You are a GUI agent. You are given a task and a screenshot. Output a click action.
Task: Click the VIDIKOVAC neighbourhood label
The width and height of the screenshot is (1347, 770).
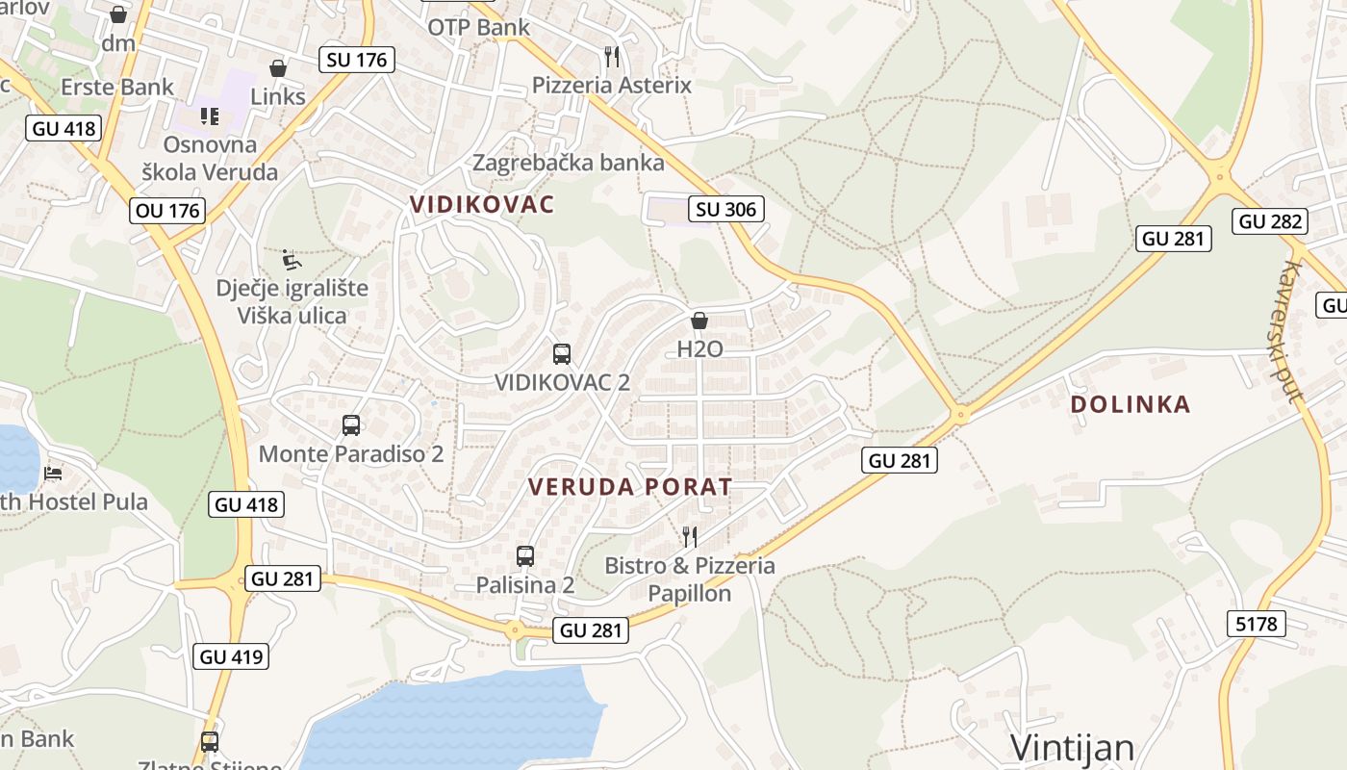point(482,204)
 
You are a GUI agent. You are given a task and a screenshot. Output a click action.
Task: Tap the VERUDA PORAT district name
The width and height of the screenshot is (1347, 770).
point(630,487)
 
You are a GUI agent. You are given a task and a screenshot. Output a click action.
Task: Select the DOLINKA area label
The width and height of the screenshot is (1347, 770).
point(1130,404)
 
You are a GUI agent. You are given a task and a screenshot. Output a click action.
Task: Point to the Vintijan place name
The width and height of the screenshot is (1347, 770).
point(1073,747)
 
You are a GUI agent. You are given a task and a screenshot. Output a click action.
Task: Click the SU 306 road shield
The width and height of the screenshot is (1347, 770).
point(726,209)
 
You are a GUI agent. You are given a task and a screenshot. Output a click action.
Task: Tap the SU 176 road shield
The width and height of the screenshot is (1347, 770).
point(356,60)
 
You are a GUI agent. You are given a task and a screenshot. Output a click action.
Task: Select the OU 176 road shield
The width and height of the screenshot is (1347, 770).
point(167,211)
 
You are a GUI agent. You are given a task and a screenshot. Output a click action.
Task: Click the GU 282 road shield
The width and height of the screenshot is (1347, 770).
point(1270,221)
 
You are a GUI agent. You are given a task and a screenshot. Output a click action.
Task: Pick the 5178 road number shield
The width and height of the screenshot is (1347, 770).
point(1257,624)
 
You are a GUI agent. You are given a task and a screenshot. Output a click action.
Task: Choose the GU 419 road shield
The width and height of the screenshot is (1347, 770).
point(231,657)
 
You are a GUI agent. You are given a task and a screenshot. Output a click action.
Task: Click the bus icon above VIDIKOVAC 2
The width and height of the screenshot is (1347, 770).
point(562,353)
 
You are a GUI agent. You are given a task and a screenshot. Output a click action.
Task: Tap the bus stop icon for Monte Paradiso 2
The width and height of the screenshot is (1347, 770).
point(351,424)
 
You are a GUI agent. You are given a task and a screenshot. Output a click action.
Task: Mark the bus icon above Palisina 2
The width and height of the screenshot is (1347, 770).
point(525,555)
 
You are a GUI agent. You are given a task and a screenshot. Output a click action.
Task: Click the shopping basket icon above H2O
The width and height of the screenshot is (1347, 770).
point(699,321)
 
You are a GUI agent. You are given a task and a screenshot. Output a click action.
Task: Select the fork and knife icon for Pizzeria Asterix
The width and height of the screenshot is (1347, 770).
point(611,56)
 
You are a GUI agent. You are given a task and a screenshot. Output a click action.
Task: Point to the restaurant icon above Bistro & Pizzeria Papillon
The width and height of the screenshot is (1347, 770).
point(689,536)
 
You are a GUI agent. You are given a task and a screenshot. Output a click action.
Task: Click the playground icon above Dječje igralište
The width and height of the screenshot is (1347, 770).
point(292,259)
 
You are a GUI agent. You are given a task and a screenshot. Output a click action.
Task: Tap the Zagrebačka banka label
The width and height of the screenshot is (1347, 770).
point(568,162)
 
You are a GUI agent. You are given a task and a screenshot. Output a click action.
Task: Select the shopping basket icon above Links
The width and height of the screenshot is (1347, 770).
point(278,68)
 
